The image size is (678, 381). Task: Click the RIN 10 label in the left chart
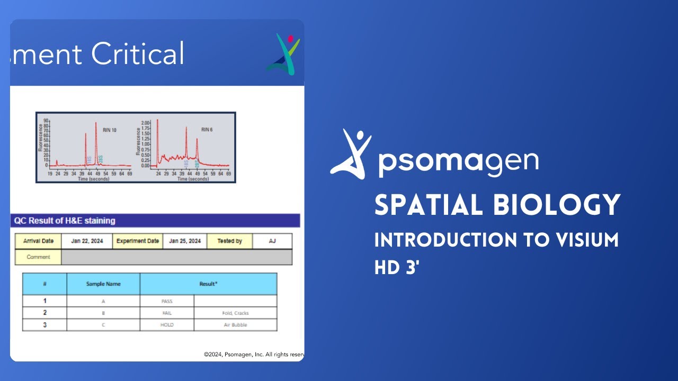(x=110, y=130)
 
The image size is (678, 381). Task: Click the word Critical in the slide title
(x=138, y=54)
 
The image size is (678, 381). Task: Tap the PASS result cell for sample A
(x=167, y=301)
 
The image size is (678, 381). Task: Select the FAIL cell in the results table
(x=167, y=313)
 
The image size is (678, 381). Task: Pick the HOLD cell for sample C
(x=167, y=325)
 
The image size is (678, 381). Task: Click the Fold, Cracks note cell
(x=235, y=313)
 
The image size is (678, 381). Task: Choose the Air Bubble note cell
(x=235, y=325)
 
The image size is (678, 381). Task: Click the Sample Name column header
(x=103, y=284)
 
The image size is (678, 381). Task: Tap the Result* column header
(x=208, y=284)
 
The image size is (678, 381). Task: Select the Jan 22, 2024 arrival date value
(x=87, y=241)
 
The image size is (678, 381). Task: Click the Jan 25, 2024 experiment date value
(x=185, y=241)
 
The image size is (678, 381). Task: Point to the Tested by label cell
(x=229, y=241)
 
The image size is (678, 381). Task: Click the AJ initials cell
(x=272, y=241)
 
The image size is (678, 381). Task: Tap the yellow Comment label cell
(x=38, y=257)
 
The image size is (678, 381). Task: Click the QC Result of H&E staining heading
(x=64, y=221)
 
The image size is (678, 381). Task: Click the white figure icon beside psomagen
(x=351, y=153)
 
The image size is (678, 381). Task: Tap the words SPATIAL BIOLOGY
(x=497, y=205)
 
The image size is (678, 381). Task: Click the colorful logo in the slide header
(x=283, y=54)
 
